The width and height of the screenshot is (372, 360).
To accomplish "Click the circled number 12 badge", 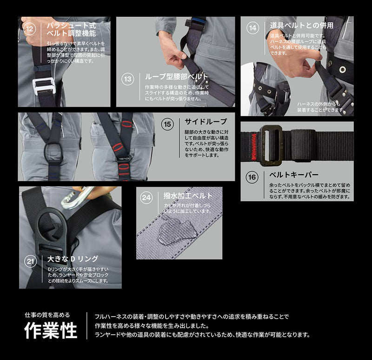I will (30, 29).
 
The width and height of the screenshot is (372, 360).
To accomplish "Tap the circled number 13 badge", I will (127, 79).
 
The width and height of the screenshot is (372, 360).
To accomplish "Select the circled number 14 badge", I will (252, 28).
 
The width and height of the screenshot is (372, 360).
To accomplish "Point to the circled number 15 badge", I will (167, 124).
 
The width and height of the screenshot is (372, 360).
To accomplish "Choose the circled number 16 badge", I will (252, 177).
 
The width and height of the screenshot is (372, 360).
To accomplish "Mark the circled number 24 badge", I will (146, 197).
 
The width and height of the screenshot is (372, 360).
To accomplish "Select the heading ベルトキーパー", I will (294, 175).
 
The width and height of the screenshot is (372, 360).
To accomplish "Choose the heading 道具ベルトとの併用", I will (301, 25).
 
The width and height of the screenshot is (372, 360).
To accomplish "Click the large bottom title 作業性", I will (51, 331).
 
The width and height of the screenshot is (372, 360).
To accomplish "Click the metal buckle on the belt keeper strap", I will (270, 145).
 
